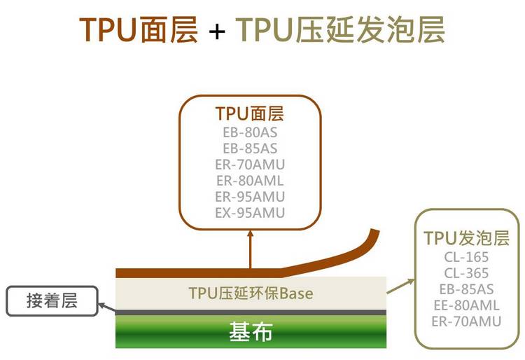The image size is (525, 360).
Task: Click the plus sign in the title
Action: pyautogui.click(x=216, y=32)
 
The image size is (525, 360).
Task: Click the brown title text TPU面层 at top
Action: pyautogui.click(x=139, y=29)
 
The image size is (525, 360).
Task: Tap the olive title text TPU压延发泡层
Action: pyautogui.click(x=340, y=29)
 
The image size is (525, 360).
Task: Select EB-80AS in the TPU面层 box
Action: pyautogui.click(x=250, y=132)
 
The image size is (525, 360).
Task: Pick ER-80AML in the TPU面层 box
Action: pyautogui.click(x=250, y=181)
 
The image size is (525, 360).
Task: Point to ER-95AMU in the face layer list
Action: pyautogui.click(x=250, y=197)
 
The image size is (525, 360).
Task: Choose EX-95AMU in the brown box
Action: pyautogui.click(x=250, y=213)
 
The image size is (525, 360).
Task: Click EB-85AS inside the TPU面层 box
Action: pyautogui.click(x=250, y=148)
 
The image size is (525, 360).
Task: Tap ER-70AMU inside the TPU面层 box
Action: pyautogui.click(x=250, y=165)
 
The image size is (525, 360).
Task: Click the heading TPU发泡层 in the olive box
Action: pyautogui.click(x=466, y=238)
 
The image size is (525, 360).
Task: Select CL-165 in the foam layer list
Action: pyautogui.click(x=466, y=257)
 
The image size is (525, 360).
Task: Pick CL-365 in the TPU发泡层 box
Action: pyautogui.click(x=466, y=273)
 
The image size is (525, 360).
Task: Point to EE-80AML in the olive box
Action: pyautogui.click(x=466, y=305)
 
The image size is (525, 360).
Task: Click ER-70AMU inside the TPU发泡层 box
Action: pyautogui.click(x=466, y=321)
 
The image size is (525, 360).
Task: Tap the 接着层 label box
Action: pyautogui.click(x=52, y=300)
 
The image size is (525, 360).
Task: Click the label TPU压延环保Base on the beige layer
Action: pyautogui.click(x=251, y=293)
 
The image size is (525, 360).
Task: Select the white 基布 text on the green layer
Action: pyautogui.click(x=251, y=331)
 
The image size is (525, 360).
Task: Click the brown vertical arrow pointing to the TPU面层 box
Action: pyautogui.click(x=250, y=249)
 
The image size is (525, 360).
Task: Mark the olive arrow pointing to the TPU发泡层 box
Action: pyautogui.click(x=401, y=286)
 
